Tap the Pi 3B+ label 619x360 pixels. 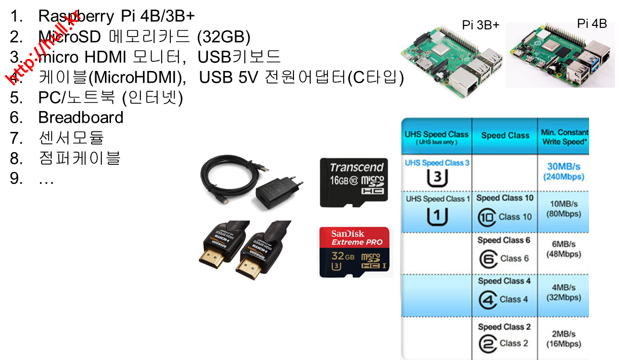pyautogui.click(x=481, y=25)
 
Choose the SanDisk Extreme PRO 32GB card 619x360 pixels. pyautogui.click(x=354, y=252)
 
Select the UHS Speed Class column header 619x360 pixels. pyautogui.click(x=436, y=137)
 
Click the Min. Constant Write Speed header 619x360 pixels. pyautogui.click(x=564, y=137)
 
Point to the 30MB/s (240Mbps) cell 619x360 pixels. pyautogui.click(x=564, y=172)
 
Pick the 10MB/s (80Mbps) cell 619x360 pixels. pyautogui.click(x=564, y=208)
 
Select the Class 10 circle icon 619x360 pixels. pyautogui.click(x=486, y=218)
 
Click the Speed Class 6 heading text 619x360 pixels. pyautogui.click(x=504, y=240)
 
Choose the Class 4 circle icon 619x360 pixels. pyautogui.click(x=488, y=300)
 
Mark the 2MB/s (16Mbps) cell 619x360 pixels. pyautogui.click(x=564, y=339)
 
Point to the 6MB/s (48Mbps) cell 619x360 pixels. pyautogui.click(x=564, y=249)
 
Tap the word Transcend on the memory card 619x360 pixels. pyautogui.click(x=357, y=167)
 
